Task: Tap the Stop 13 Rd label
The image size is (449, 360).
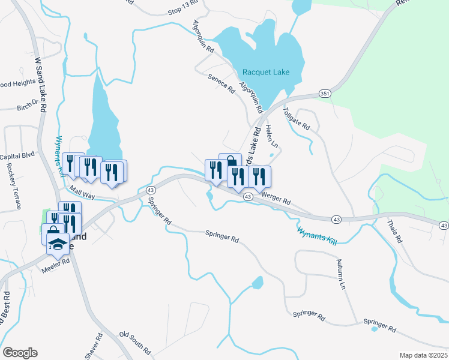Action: pyautogui.click(x=182, y=11)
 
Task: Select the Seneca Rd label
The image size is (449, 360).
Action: pyautogui.click(x=221, y=83)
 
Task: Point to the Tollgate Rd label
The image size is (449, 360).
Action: pyautogui.click(x=297, y=119)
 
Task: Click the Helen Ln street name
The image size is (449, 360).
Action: pyautogui.click(x=271, y=136)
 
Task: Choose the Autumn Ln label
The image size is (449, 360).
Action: pyautogui.click(x=342, y=278)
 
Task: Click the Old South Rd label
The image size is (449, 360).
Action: pyautogui.click(x=134, y=341)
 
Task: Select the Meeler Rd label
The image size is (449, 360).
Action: pyautogui.click(x=56, y=266)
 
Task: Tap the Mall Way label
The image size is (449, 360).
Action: pyautogui.click(x=82, y=191)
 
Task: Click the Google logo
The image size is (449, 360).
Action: pyautogui.click(x=20, y=352)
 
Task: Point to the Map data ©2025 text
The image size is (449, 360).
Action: pyautogui.click(x=424, y=355)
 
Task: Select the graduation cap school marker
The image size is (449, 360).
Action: pyautogui.click(x=58, y=244)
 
